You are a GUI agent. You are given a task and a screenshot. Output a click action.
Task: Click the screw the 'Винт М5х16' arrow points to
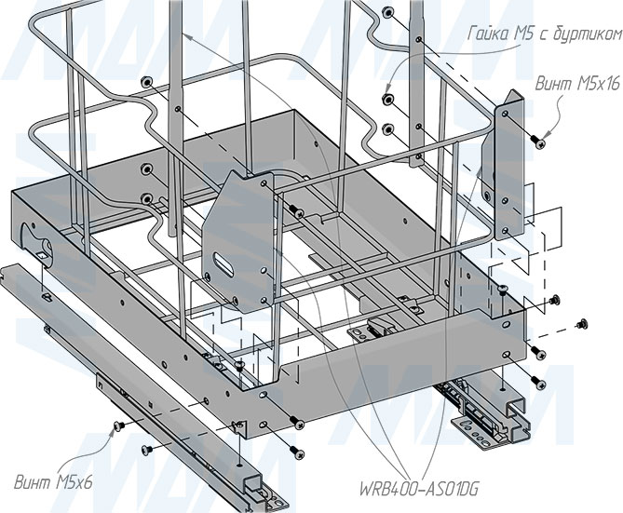click(x=537, y=141)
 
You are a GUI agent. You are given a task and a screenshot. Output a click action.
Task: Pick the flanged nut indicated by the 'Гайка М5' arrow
click(x=386, y=96)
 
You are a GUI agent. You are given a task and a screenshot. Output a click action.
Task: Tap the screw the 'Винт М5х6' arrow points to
click(x=118, y=426)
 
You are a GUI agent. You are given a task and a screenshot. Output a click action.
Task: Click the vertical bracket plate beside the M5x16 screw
click(x=506, y=168)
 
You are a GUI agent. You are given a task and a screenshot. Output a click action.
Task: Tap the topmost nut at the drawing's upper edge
click(x=385, y=11)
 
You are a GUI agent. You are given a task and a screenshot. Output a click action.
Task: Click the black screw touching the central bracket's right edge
click(x=293, y=209)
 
